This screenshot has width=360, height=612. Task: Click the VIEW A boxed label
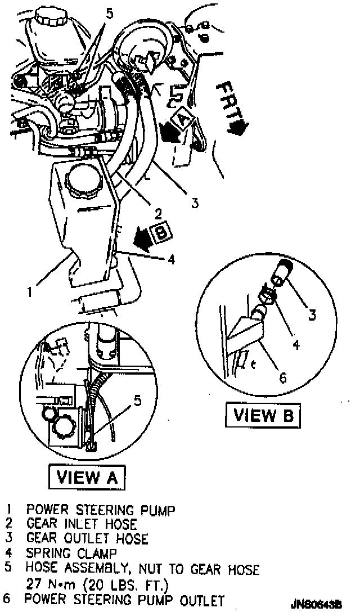pyautogui.click(x=88, y=478)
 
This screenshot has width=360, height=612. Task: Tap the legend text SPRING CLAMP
pyautogui.click(x=71, y=553)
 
